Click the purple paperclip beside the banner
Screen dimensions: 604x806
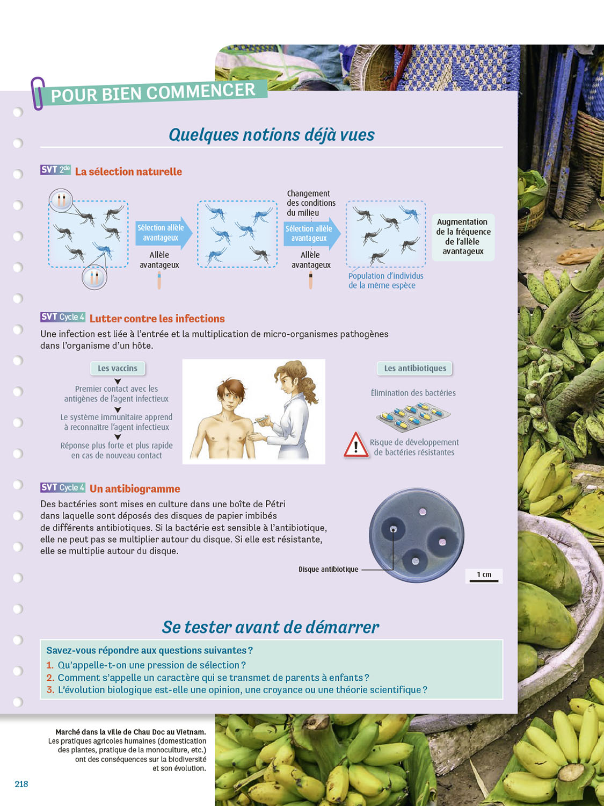(x=38, y=93)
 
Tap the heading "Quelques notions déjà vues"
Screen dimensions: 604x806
(x=271, y=134)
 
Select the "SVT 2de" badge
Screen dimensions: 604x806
(x=55, y=170)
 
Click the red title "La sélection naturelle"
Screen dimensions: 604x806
(x=128, y=171)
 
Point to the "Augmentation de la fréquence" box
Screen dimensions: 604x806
(x=463, y=237)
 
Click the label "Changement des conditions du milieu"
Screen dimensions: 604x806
(x=311, y=203)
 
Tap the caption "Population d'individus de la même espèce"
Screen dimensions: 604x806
(x=385, y=280)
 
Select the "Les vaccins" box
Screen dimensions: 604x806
(x=118, y=368)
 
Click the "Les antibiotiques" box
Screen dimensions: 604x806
(x=415, y=368)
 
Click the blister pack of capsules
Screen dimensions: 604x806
(x=413, y=416)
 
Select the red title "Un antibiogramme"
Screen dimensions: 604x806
(x=135, y=489)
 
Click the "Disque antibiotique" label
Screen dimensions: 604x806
(x=328, y=569)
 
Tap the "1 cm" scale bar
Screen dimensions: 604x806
(x=484, y=580)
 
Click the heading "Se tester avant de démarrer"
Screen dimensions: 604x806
(x=270, y=627)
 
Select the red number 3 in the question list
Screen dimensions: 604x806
(x=50, y=689)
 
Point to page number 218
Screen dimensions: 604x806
(x=21, y=784)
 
